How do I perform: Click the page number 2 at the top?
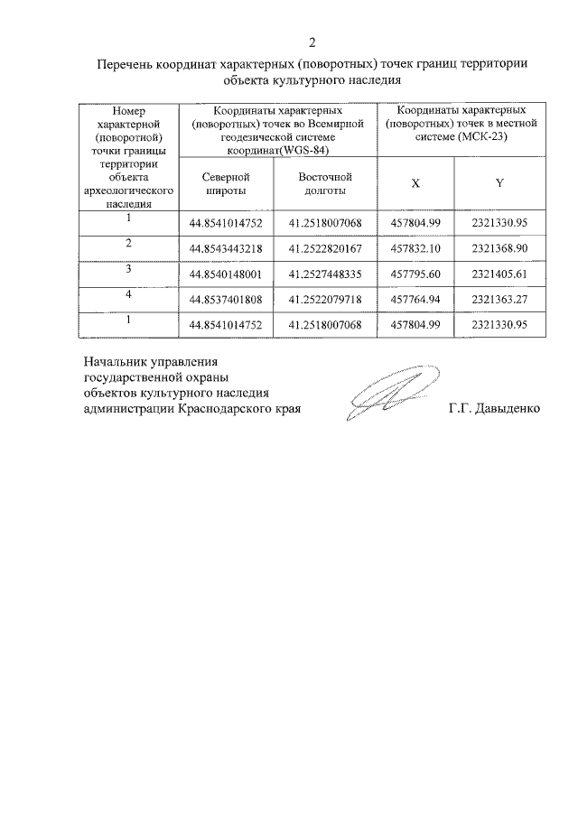pos(312,42)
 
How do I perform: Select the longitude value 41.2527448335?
pos(325,274)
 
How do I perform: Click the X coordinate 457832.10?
pos(415,248)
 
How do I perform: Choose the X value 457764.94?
pos(415,299)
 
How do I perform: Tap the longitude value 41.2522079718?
pos(325,299)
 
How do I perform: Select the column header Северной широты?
pos(226,184)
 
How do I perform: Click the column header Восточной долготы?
pos(325,184)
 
